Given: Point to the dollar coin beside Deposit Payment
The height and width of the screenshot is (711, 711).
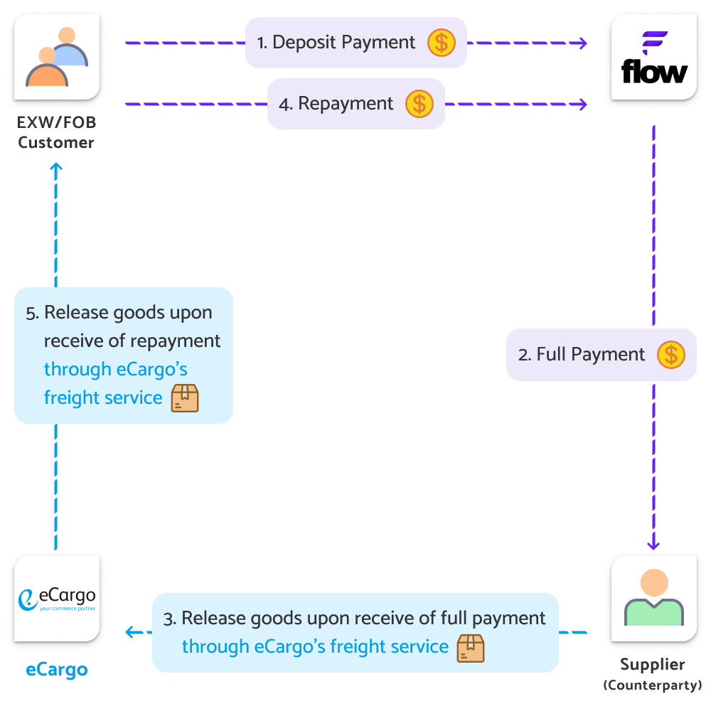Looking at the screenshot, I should click(441, 43).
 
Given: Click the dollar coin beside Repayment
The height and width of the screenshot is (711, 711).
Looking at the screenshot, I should click(419, 104).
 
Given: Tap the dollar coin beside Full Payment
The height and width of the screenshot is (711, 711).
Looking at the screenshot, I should click(670, 354).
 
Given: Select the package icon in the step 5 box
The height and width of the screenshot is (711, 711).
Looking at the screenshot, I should click(185, 398).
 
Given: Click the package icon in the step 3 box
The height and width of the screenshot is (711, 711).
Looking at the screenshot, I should click(471, 647).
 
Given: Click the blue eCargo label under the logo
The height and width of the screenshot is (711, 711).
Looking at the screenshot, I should click(57, 670).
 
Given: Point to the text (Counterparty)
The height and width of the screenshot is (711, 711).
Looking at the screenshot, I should click(653, 685).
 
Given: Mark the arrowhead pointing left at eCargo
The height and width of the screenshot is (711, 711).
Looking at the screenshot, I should click(129, 631).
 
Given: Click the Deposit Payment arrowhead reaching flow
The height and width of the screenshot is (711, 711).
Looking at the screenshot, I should click(583, 43).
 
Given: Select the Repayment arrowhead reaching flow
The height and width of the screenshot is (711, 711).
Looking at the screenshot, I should click(583, 105).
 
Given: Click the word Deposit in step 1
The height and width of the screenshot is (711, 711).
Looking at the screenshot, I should click(304, 43).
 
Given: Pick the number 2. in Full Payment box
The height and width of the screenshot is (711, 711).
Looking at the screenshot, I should click(525, 355).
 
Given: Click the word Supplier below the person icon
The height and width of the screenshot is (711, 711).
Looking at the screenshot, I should click(653, 665).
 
